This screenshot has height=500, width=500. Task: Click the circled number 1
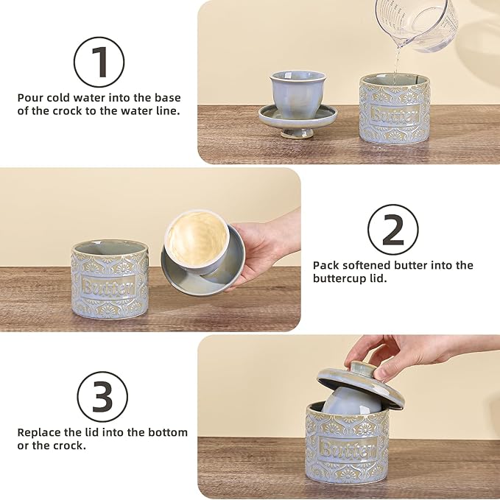point(100,62)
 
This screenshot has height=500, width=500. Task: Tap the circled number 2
point(393,230)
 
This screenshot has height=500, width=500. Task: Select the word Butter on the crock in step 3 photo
point(346,448)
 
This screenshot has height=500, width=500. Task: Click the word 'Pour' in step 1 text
point(29,97)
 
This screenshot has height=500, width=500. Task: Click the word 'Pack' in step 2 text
point(325,265)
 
